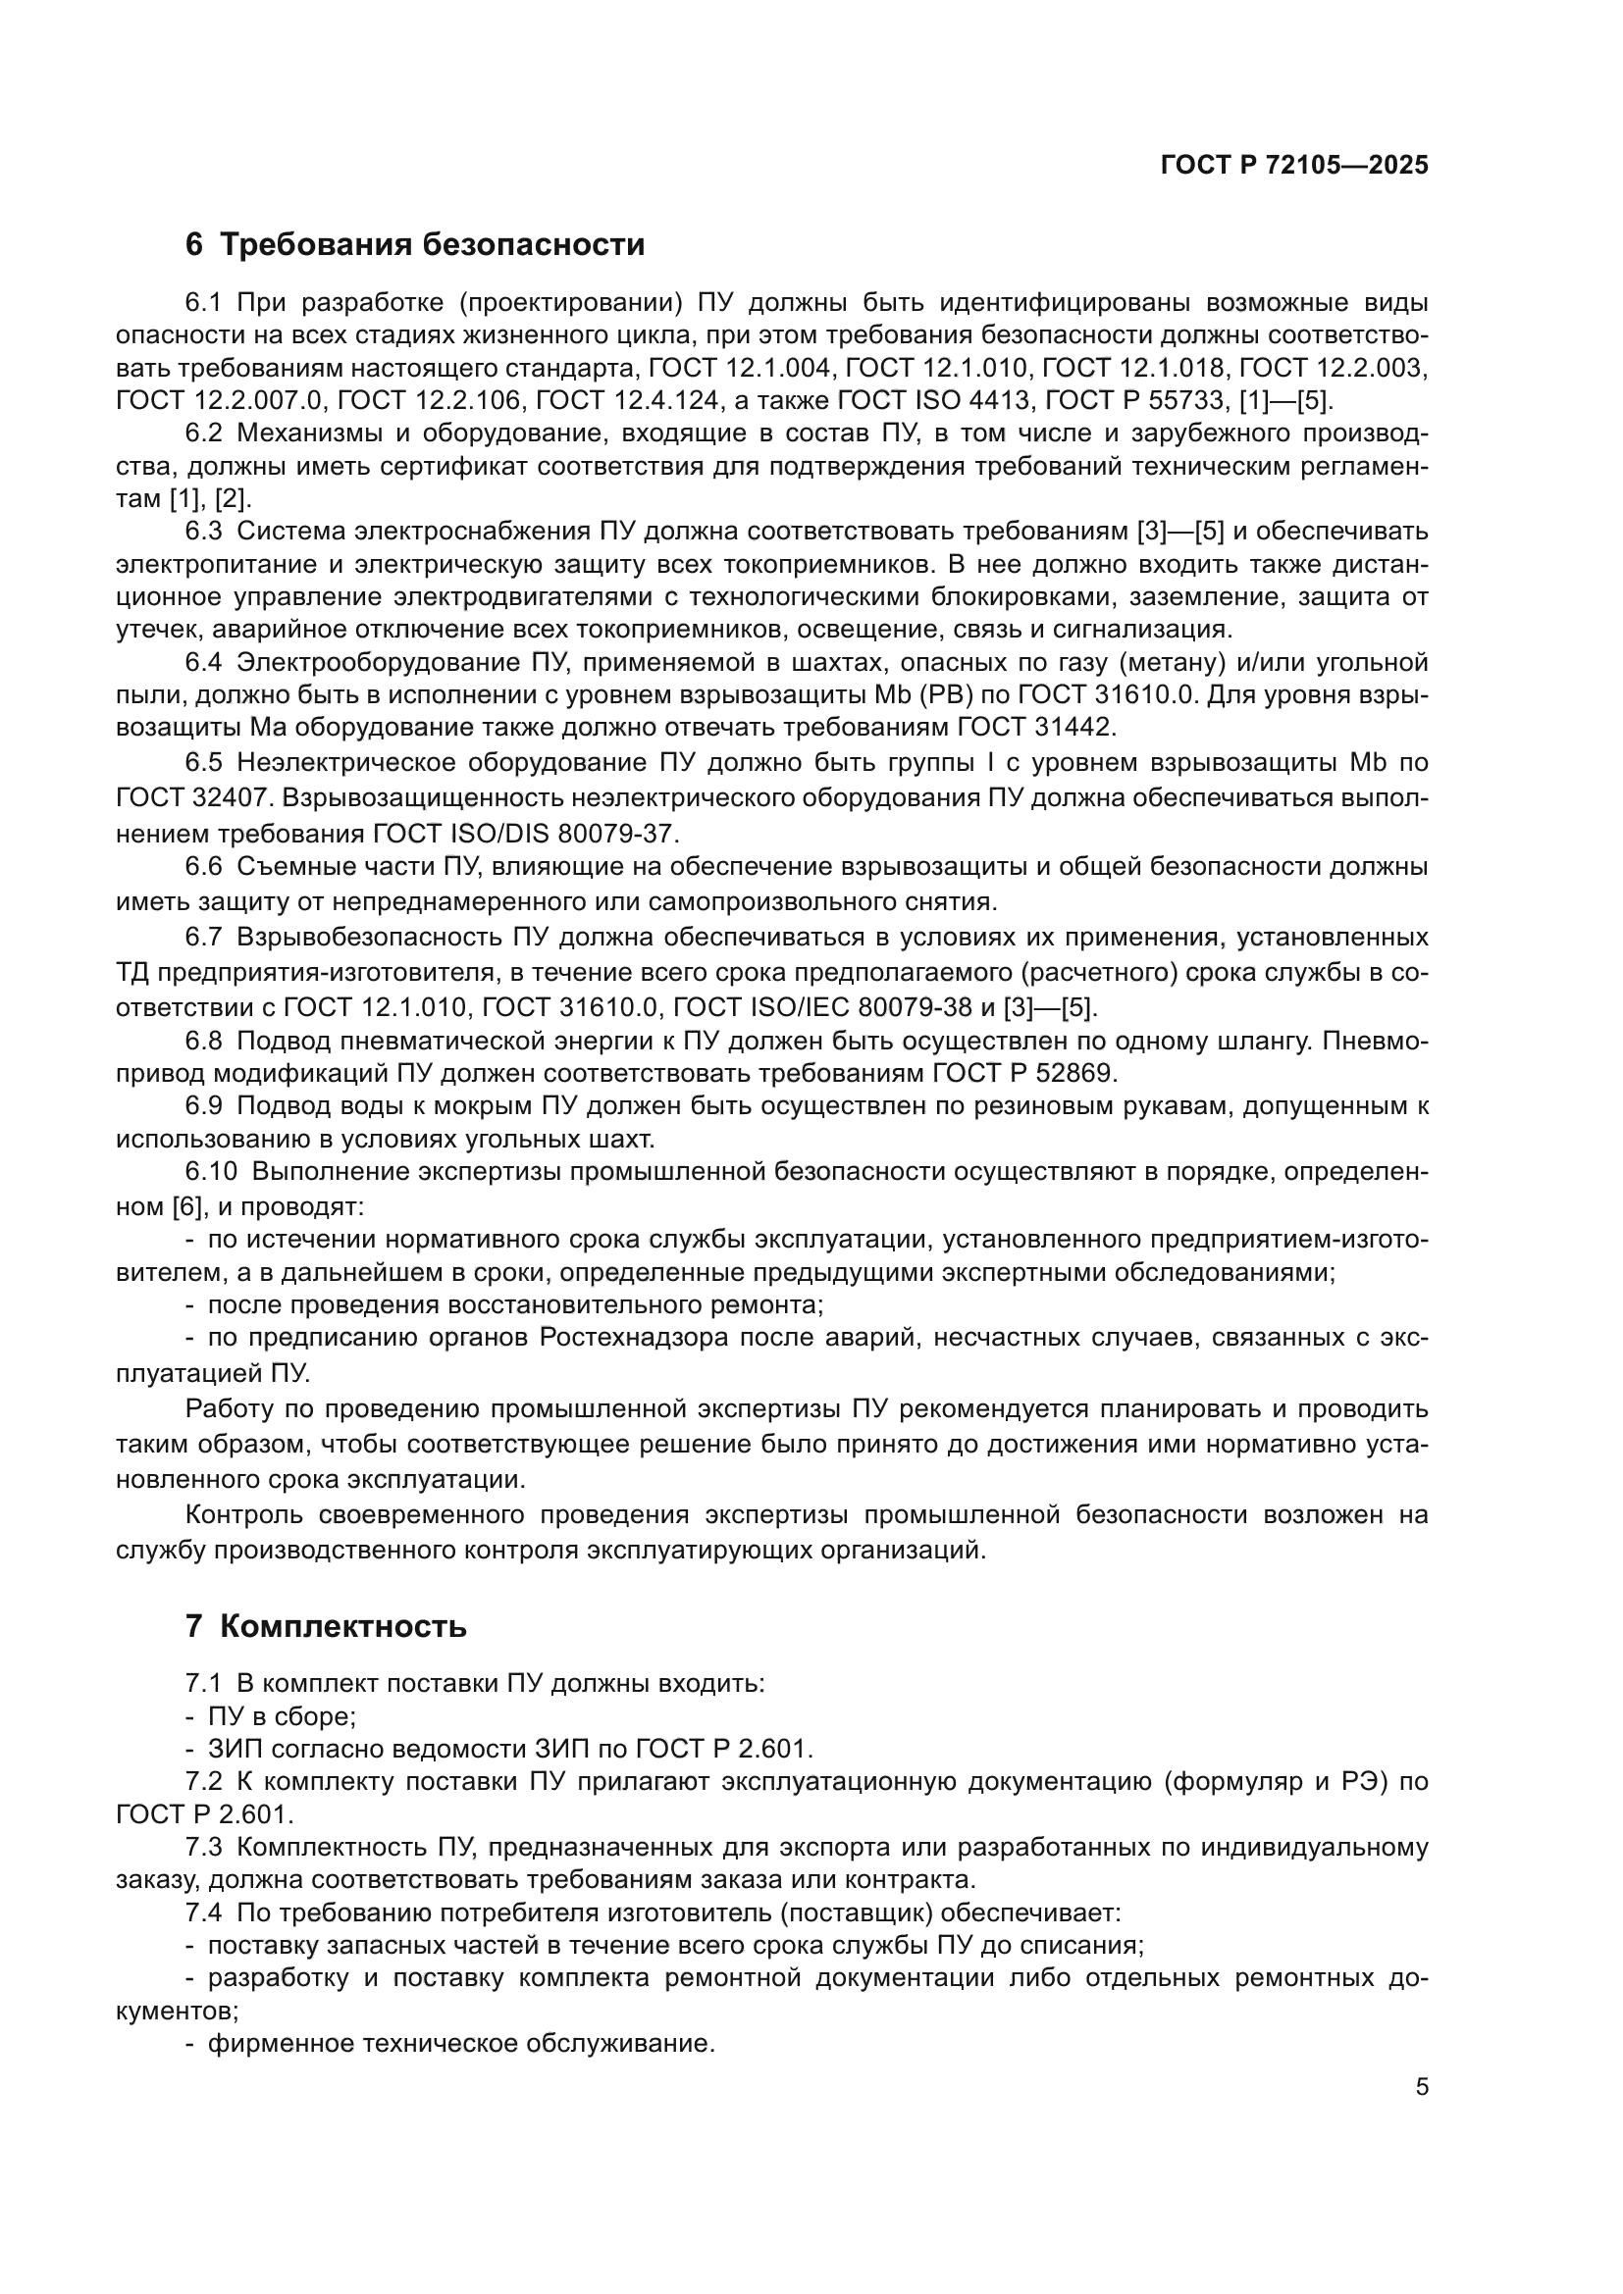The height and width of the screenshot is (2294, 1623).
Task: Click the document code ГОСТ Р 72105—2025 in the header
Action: [x=1294, y=166]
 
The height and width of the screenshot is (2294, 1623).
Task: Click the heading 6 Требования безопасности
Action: [x=415, y=245]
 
